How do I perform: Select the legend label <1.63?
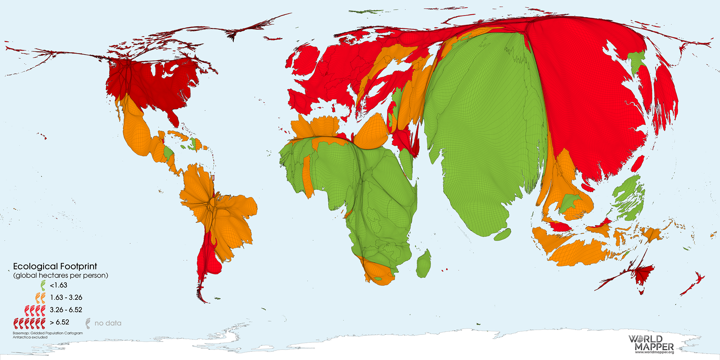tap(58, 285)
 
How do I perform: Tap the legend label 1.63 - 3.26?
tap(66, 297)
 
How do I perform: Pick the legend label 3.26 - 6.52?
tap(66, 310)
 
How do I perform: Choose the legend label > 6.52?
tap(59, 322)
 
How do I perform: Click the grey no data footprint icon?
tap(88, 323)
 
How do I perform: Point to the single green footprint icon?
tap(43, 285)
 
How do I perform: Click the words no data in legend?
tap(108, 323)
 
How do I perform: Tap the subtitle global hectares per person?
tap(60, 275)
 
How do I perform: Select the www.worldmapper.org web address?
tap(654, 352)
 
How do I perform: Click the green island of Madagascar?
tap(424, 265)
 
